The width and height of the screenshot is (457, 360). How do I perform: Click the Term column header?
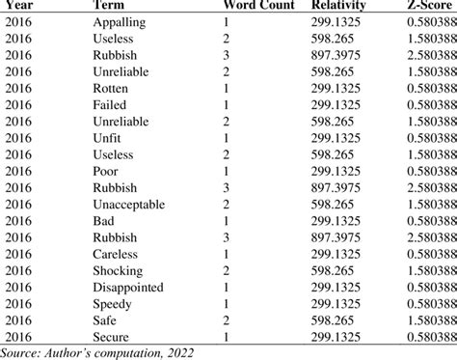pyautogui.click(x=108, y=5)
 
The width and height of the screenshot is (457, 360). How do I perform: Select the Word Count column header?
pyautogui.click(x=259, y=5)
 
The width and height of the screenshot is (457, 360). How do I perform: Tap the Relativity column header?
pyautogui.click(x=338, y=6)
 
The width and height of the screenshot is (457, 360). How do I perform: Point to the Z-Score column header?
pyautogui.click(x=429, y=5)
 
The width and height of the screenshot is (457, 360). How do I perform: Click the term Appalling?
pyautogui.click(x=120, y=23)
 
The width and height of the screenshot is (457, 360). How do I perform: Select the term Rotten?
pyautogui.click(x=110, y=89)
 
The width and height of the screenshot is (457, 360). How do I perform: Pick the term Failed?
pyautogui.click(x=110, y=105)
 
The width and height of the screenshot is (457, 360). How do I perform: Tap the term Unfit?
pyautogui.click(x=107, y=138)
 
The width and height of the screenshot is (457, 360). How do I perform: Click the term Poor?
pyautogui.click(x=105, y=171)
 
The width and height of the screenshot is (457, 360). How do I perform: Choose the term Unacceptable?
pyautogui.click(x=129, y=205)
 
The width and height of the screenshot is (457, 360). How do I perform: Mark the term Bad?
pyautogui.click(x=103, y=221)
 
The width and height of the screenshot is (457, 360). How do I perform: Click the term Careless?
pyautogui.click(x=115, y=254)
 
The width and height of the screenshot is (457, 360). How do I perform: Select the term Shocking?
pyautogui.click(x=118, y=271)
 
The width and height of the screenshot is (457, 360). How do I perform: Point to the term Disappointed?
pyautogui.click(x=128, y=288)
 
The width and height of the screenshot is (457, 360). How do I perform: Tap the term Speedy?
pyautogui.click(x=112, y=305)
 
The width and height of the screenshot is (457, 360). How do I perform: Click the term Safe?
pyautogui.click(x=104, y=320)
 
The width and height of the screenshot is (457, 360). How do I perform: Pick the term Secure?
pyautogui.click(x=111, y=337)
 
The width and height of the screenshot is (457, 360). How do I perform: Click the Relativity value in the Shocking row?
pyautogui.click(x=332, y=271)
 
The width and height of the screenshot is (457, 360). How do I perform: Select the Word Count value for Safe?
pyautogui.click(x=227, y=320)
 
